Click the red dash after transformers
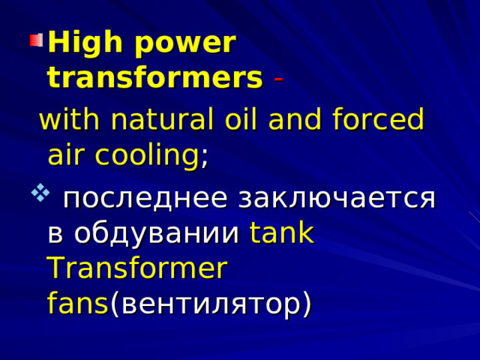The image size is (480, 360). point(277,78)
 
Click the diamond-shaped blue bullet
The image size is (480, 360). point(37,198)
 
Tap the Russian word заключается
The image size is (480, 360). point(337,199)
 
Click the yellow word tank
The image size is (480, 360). point(282,233)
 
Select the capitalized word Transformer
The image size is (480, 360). point(136,268)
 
